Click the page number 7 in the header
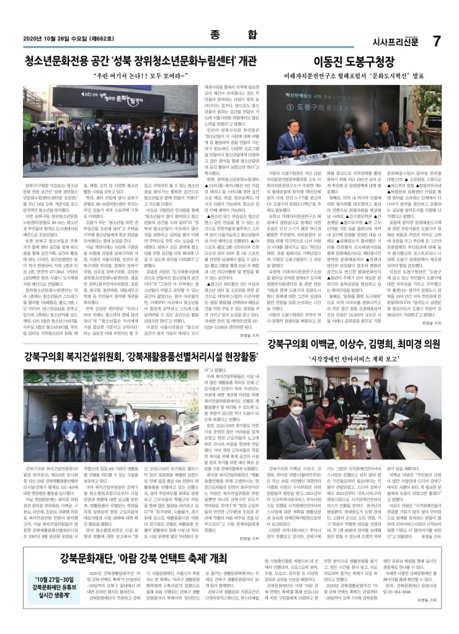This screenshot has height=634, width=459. pyautogui.click(x=437, y=41)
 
